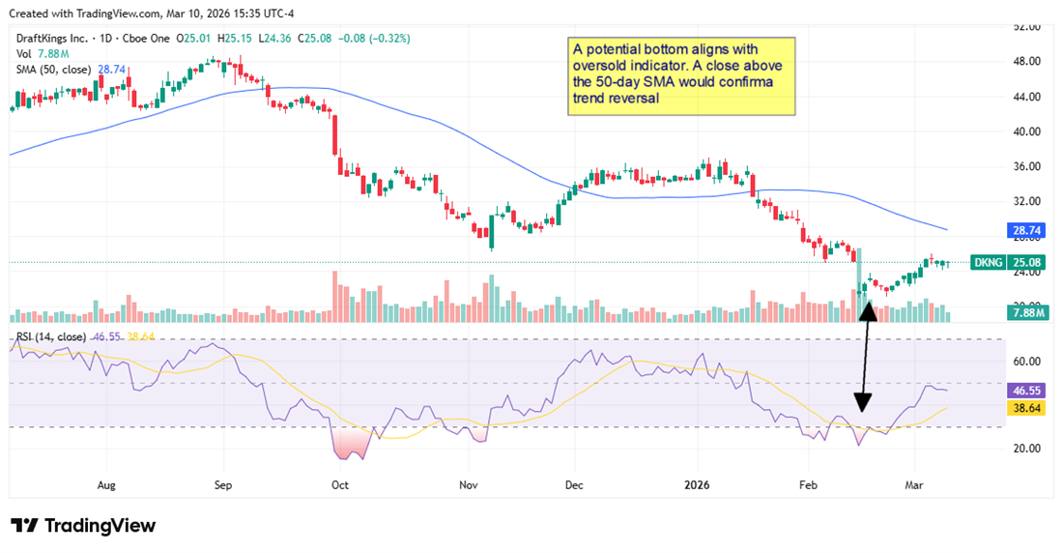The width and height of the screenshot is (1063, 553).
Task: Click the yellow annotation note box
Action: (680, 76)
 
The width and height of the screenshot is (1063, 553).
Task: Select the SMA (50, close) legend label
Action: (52, 70)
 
